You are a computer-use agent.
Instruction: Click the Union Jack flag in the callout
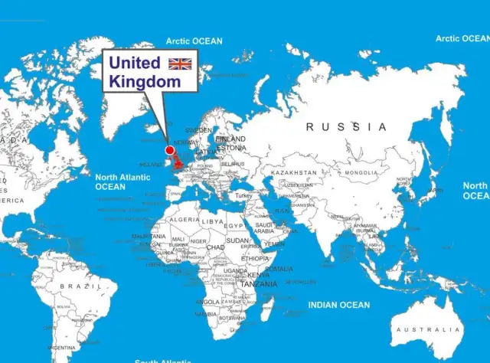181,63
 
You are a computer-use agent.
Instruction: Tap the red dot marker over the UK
170,150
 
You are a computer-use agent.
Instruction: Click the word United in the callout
134,63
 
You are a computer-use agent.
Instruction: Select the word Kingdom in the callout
145,80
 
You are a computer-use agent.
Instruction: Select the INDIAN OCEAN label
338,305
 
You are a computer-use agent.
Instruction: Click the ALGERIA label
184,219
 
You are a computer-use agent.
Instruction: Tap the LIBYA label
212,221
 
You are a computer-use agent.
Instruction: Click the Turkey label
243,196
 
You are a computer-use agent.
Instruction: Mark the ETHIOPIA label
255,258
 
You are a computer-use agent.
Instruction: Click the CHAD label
216,247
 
